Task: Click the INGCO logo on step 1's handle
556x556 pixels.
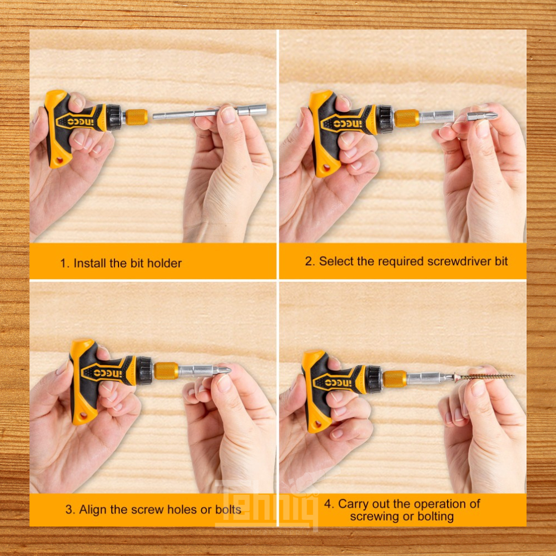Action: tap(81, 122)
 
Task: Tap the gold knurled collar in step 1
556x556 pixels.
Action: tap(137, 117)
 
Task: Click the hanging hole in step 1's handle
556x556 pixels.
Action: tap(59, 161)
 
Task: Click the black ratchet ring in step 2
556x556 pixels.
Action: tap(385, 119)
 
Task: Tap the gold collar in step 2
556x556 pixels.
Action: tap(407, 118)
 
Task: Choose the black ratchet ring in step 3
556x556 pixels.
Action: tap(144, 370)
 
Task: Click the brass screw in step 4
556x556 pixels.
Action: tap(484, 376)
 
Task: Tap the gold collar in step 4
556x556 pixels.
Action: tap(395, 379)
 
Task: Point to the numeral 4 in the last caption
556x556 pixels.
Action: tap(327, 504)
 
